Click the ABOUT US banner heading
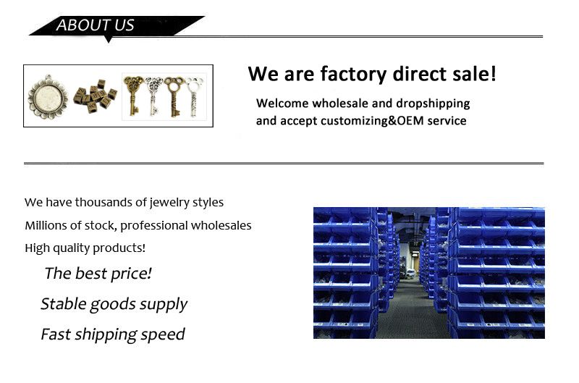pyautogui.click(x=95, y=25)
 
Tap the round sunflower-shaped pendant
pyautogui.click(x=48, y=97)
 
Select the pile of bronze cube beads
pyautogui.click(x=95, y=96)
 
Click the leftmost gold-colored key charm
pyautogui.click(x=132, y=96)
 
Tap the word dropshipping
pyautogui.click(x=433, y=104)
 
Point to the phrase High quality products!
pyautogui.click(x=85, y=248)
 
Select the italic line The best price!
pyautogui.click(x=98, y=274)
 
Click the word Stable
pyautogui.click(x=63, y=303)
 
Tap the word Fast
pyautogui.click(x=56, y=334)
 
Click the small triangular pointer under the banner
pyautogui.click(x=108, y=39)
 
